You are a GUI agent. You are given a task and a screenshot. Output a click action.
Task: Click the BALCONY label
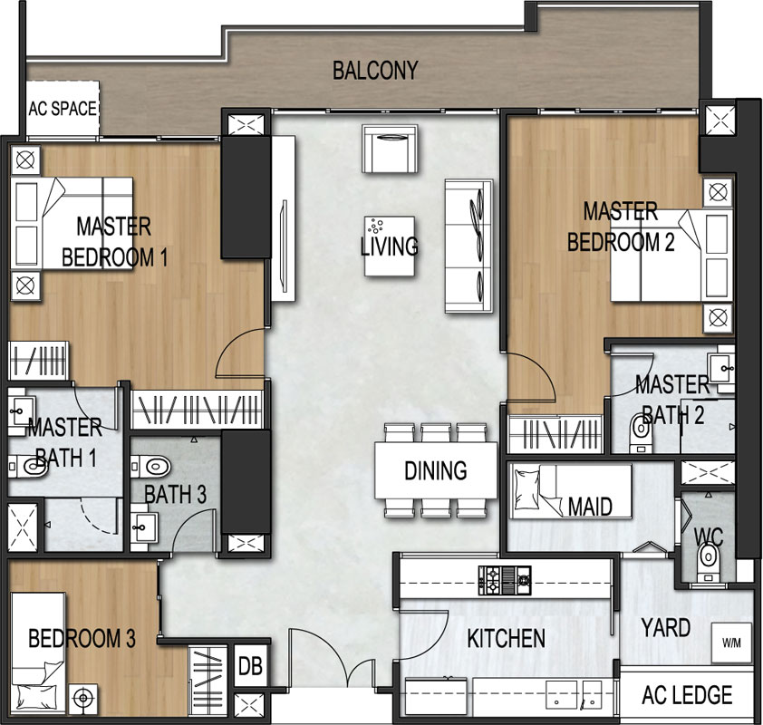click(x=375, y=71)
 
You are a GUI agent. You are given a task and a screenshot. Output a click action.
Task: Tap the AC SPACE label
click(x=63, y=109)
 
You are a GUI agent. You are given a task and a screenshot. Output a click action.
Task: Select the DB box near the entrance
click(x=251, y=666)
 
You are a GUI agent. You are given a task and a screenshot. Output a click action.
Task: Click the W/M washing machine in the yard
click(x=731, y=643)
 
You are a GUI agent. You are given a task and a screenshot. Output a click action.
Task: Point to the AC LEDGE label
click(x=687, y=695)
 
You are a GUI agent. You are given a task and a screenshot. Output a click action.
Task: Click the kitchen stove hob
click(x=505, y=580)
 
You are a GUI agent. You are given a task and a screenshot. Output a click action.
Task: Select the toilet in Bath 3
click(x=150, y=467)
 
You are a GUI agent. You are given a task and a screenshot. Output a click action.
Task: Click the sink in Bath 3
click(x=143, y=527)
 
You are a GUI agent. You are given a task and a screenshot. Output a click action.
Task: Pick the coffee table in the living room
click(x=390, y=246)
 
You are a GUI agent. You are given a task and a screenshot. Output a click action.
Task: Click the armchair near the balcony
click(x=390, y=149)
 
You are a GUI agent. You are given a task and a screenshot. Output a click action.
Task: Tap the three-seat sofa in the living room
click(x=469, y=246)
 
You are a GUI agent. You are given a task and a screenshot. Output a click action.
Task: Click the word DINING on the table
click(x=436, y=470)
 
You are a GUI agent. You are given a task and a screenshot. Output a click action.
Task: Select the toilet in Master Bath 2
click(x=641, y=432)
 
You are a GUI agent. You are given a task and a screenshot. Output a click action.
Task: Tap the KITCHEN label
click(x=506, y=638)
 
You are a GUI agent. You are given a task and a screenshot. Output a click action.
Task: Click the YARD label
click(x=666, y=628)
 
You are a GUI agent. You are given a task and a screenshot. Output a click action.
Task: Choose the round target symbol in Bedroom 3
click(x=83, y=699)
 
